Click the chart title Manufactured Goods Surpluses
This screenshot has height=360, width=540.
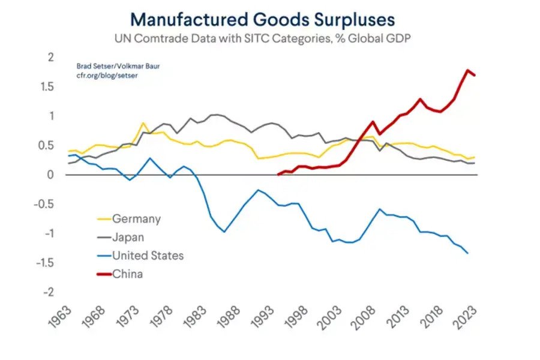coord(263,19)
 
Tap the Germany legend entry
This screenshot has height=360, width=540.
coord(136,219)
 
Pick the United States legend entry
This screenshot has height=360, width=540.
coord(148,256)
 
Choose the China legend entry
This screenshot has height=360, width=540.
coord(127,274)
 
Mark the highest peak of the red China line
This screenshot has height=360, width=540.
coord(467,70)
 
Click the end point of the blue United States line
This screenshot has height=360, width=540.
coord(467,253)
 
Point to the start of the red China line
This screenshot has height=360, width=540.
coord(278,175)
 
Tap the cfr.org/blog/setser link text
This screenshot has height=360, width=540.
coord(103,76)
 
